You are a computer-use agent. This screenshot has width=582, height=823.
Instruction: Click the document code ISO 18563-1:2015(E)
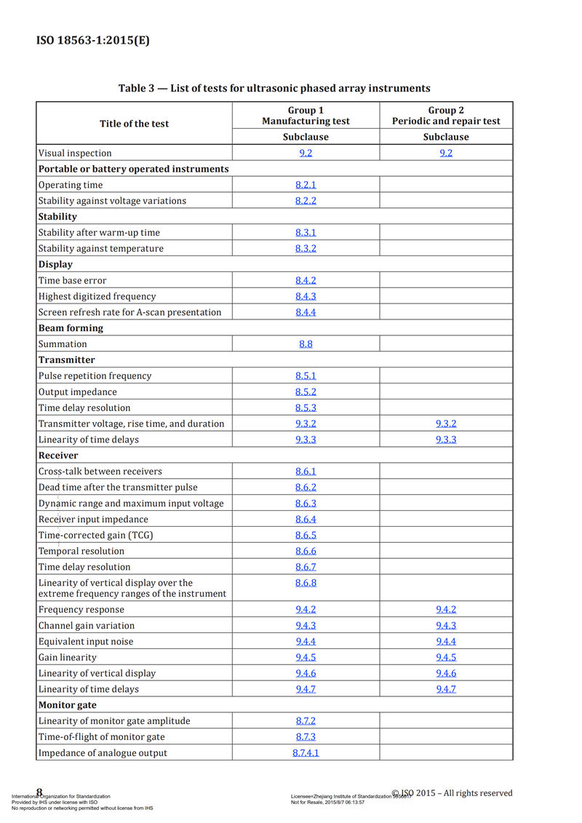coord(93,40)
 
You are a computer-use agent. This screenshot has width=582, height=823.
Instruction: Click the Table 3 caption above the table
coord(274,88)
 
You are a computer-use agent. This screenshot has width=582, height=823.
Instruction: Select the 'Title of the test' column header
coord(134,124)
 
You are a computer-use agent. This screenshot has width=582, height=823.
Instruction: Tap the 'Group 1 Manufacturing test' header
coord(306,116)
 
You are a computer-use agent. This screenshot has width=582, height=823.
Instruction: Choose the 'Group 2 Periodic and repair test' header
coord(446,116)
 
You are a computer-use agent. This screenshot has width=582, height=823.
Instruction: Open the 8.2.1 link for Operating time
coord(306,185)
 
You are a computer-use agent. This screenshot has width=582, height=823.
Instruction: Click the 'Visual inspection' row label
coord(75,154)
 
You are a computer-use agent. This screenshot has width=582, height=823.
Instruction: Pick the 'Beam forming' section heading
coord(71,328)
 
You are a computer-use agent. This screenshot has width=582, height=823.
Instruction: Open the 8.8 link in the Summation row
coord(306,344)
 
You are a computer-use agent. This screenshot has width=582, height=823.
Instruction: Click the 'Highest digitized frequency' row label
coord(96,296)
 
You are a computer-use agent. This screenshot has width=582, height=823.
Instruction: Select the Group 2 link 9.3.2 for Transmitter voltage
coord(446,424)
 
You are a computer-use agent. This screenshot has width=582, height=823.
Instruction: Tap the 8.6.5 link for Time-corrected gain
coord(306,535)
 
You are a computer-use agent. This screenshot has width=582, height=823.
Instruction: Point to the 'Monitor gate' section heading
coord(67,705)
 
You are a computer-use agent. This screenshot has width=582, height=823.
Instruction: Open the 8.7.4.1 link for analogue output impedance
coord(306,753)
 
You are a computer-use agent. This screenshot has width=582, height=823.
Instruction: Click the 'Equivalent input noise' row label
coord(86,642)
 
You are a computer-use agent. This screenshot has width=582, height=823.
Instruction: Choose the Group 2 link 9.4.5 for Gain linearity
coord(446,657)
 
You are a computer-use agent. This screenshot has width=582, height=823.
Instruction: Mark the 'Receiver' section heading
coord(58,456)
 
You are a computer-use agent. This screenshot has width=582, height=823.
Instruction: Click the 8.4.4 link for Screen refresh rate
coord(306,312)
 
